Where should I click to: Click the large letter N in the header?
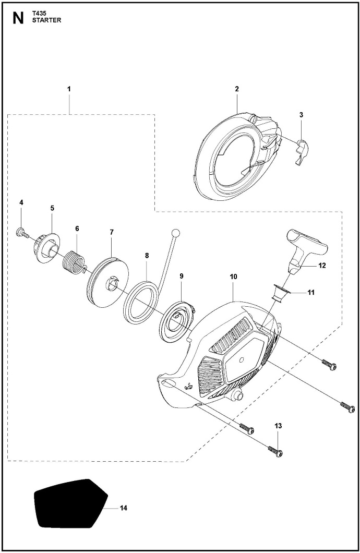[x=18, y=18]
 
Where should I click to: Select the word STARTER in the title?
[x=46, y=20]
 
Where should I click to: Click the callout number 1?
[x=69, y=89]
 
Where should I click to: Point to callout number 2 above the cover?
[x=237, y=89]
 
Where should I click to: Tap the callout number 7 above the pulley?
[x=112, y=232]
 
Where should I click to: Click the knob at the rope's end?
[x=175, y=233]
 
